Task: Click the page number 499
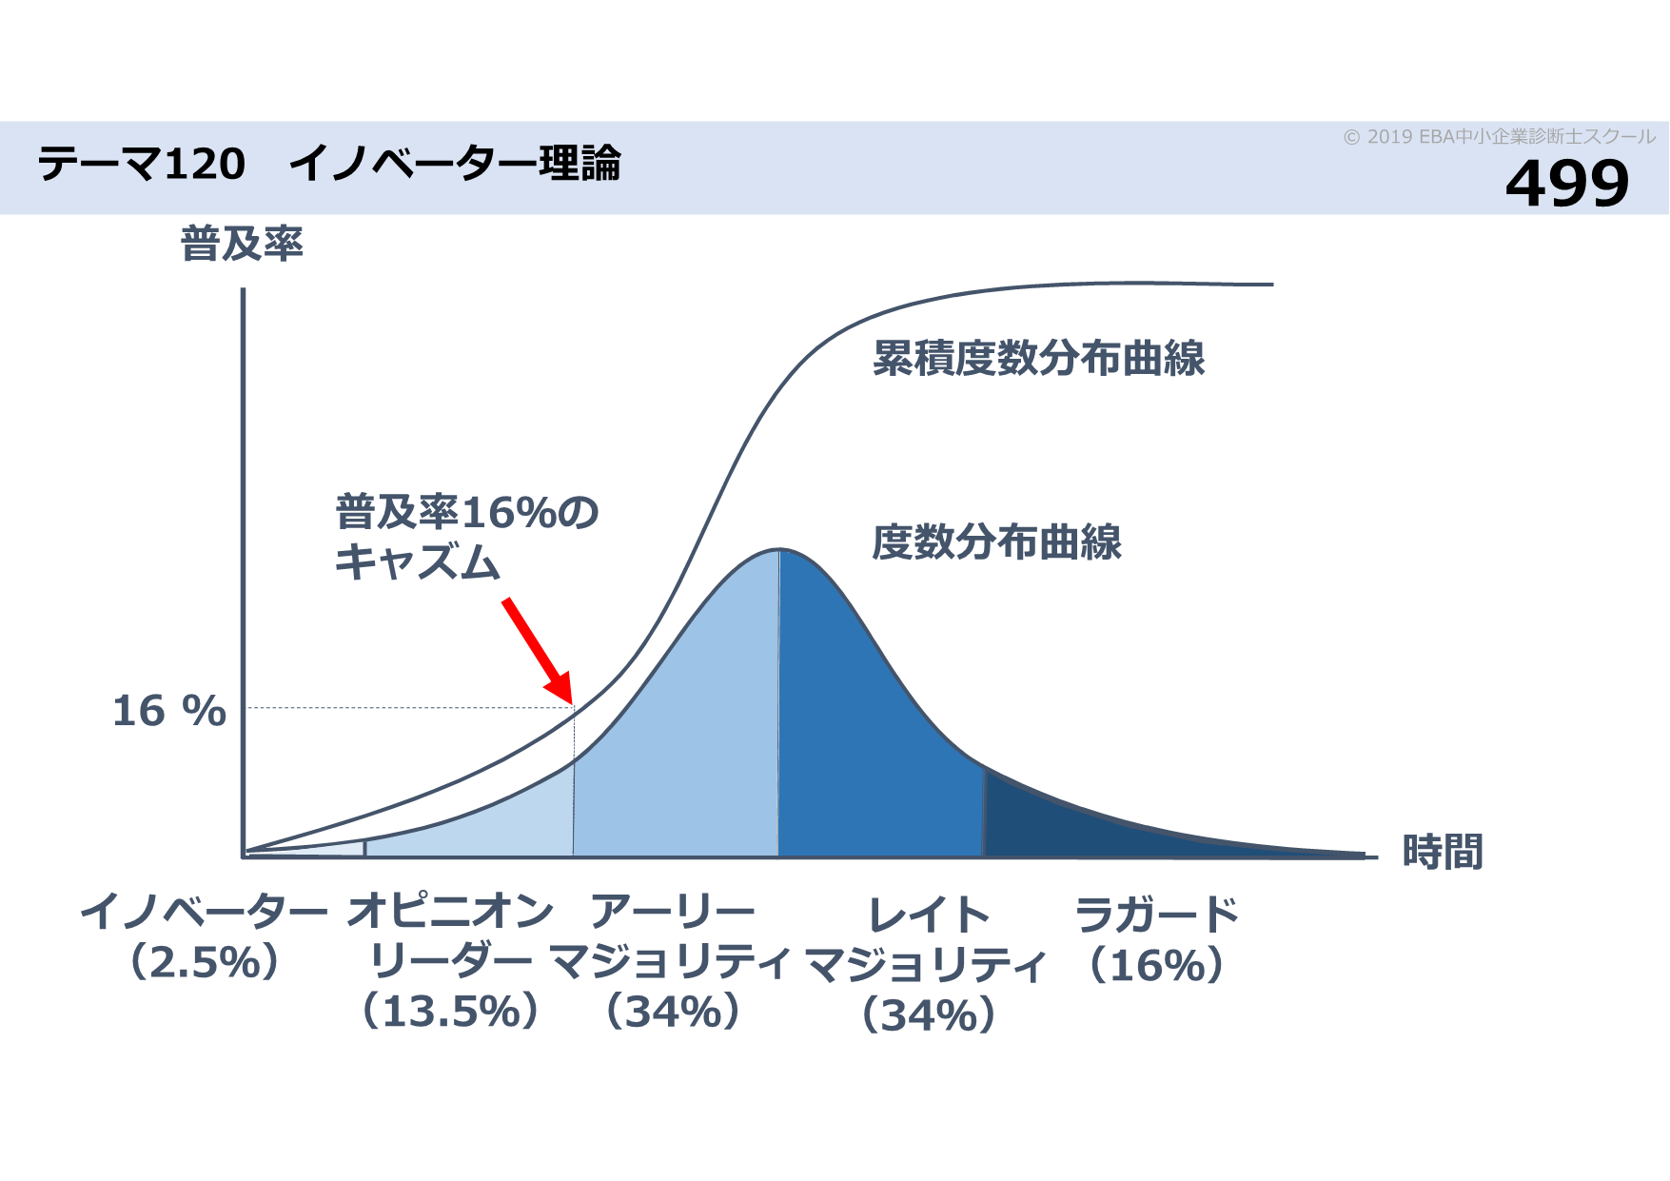[1566, 184]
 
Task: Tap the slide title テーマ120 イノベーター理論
[329, 164]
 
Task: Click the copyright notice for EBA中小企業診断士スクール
[1499, 137]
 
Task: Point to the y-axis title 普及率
[242, 245]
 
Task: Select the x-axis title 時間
[1443, 852]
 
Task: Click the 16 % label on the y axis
[169, 711]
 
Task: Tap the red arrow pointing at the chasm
[538, 651]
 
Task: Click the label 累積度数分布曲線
[1038, 359]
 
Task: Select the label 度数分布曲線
[996, 542]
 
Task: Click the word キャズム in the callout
[417, 561]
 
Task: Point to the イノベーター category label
[204, 912]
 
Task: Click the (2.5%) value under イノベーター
[205, 962]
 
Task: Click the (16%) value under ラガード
[1156, 966]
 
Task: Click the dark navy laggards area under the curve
[1094, 828]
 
